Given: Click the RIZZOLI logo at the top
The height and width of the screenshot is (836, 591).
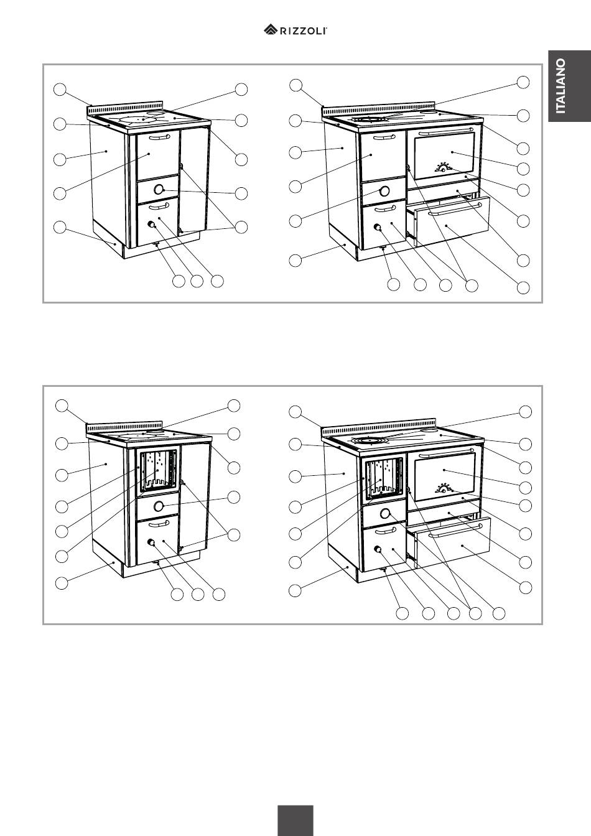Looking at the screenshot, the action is [x=295, y=30].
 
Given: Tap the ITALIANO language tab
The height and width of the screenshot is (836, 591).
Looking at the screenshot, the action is [x=569, y=86].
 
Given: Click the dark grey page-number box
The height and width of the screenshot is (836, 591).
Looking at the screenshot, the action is [x=295, y=820].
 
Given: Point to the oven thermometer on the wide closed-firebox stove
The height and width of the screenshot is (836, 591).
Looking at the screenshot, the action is [x=443, y=167].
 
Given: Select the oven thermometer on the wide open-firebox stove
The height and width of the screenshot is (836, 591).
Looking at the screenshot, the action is [x=444, y=488].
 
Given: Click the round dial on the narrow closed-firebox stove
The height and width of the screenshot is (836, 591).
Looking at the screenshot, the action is [x=159, y=189].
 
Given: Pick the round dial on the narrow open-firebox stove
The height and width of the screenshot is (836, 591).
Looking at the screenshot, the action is [x=159, y=506].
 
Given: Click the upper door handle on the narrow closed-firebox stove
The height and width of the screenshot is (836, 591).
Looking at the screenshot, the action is [x=159, y=137].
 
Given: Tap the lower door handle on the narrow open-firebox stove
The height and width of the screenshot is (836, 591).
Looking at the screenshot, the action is [x=159, y=524].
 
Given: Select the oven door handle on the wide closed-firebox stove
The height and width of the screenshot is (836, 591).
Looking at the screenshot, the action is [x=446, y=131].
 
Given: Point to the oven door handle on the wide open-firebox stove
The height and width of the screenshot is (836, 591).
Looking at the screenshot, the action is [x=447, y=453].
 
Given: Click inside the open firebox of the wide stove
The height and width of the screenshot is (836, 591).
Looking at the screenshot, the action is [x=384, y=480].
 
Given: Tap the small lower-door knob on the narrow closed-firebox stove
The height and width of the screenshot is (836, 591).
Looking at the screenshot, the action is [x=152, y=225].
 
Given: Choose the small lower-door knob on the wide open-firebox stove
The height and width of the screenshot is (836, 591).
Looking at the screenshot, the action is [x=378, y=549].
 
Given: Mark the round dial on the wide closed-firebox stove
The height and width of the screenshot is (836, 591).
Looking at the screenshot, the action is [x=384, y=191].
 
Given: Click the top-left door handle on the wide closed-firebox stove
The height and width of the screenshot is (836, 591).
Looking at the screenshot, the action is [x=384, y=137].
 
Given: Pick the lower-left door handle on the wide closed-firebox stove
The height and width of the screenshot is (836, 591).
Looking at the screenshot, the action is [x=384, y=208].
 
